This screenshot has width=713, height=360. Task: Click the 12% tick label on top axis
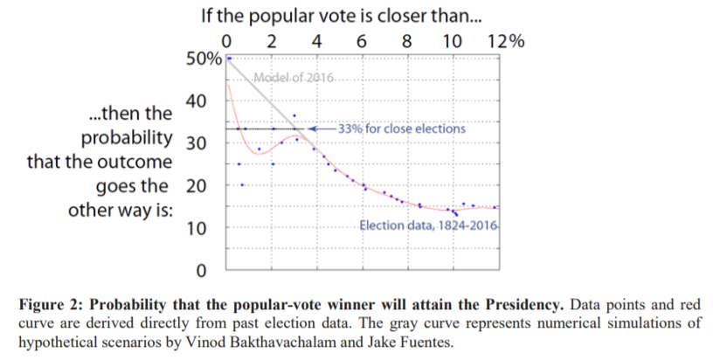point(505,41)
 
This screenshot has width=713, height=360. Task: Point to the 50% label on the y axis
point(203,59)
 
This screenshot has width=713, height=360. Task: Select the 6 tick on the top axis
point(362,41)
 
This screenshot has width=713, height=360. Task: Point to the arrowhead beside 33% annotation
point(321,128)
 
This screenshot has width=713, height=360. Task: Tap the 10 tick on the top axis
point(452,41)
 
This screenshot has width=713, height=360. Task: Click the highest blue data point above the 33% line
point(294,115)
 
